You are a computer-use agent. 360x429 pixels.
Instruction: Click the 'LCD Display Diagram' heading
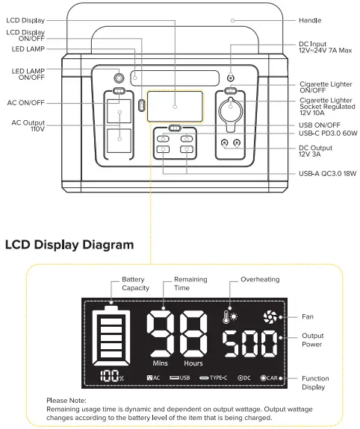[69, 244]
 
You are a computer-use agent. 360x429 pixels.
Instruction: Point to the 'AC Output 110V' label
[28, 125]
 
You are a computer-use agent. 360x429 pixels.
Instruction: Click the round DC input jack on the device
[230, 78]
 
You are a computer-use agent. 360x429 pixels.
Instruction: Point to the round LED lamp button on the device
[118, 77]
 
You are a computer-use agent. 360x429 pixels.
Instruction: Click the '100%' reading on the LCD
[109, 377]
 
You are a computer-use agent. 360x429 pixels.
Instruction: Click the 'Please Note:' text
[66, 400]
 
